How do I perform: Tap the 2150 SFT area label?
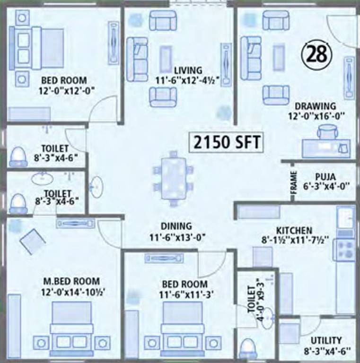[x=226, y=141]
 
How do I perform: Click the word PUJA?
[x=326, y=177]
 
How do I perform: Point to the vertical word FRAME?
[x=293, y=181]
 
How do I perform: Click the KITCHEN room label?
[x=294, y=230]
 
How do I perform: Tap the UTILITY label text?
[x=326, y=340]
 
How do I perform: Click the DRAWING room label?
[x=315, y=105]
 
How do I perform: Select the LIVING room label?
[x=187, y=70]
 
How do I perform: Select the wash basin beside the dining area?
[x=97, y=187]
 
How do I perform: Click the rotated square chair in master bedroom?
[x=32, y=242]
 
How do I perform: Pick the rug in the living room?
[x=165, y=58]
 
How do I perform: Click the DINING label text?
[x=176, y=226]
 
